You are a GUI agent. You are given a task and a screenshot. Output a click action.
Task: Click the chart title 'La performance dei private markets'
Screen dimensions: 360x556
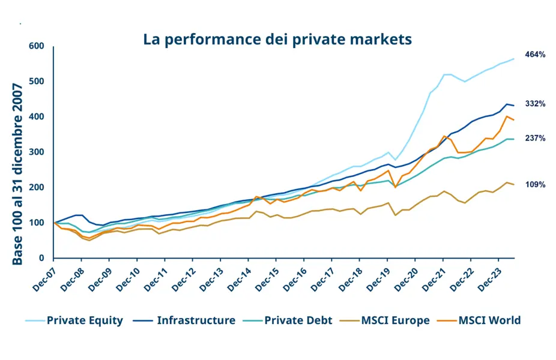(x=277, y=40)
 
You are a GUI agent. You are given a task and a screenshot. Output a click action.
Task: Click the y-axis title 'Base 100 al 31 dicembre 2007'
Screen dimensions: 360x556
(x=17, y=175)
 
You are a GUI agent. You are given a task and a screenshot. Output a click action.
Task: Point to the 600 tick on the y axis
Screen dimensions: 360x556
(x=37, y=46)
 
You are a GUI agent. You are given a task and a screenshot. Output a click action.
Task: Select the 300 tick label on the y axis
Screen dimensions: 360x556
(x=37, y=152)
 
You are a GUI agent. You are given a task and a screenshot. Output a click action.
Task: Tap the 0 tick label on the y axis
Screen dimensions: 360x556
(x=42, y=258)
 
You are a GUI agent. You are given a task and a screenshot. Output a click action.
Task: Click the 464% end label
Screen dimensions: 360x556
(x=535, y=55)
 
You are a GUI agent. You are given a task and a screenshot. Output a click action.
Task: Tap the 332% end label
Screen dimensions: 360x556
(x=535, y=104)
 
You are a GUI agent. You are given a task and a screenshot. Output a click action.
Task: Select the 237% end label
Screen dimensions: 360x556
(x=535, y=138)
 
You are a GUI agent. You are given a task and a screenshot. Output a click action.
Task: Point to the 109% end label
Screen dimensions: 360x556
(x=535, y=185)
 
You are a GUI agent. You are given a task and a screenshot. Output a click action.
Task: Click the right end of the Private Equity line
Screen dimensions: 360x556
(x=514, y=59)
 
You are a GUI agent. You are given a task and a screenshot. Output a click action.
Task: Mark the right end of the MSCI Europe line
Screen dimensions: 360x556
(x=514, y=184)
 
